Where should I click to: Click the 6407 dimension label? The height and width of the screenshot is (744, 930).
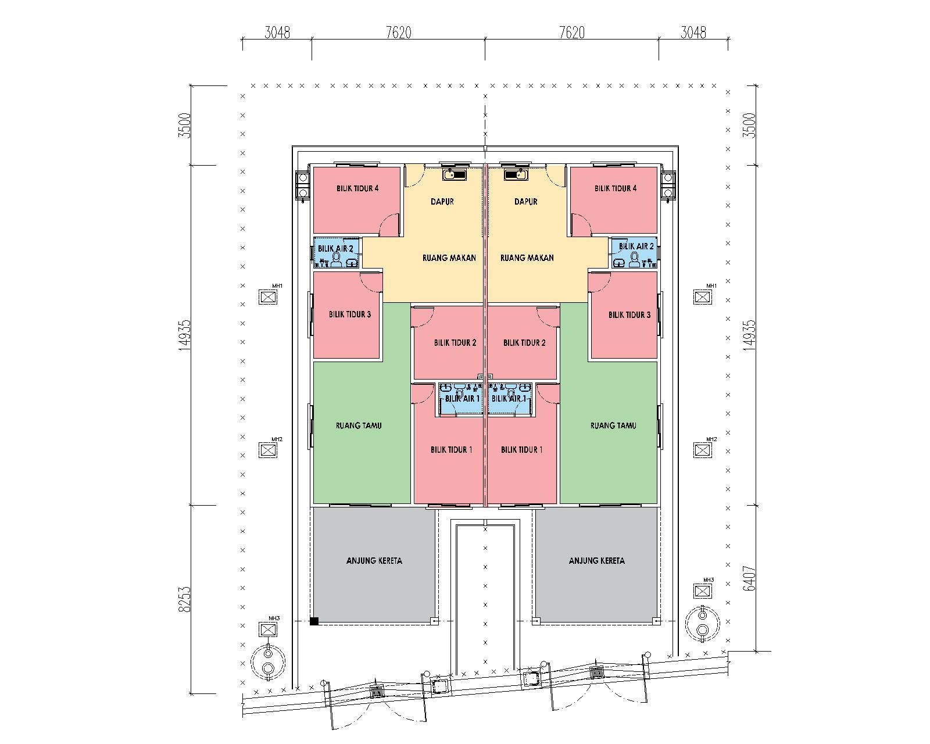[x=750, y=578]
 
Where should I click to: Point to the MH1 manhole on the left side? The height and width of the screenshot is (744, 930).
[x=268, y=297]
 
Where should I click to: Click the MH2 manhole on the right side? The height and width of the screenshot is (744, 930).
[x=702, y=450]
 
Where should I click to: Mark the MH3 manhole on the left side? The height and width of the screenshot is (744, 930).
[x=268, y=629]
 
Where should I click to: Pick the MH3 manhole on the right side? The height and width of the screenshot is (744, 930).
[x=702, y=591]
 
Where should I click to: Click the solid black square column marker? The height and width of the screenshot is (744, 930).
[x=314, y=621]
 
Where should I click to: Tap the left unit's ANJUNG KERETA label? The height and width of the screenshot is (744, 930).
[x=374, y=561]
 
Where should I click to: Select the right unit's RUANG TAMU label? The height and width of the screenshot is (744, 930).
[x=613, y=425]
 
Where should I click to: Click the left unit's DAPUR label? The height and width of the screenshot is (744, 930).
[x=442, y=202]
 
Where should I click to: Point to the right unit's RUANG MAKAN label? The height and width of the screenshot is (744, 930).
[x=527, y=257]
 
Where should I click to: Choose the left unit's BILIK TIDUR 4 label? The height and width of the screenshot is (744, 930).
[x=357, y=188]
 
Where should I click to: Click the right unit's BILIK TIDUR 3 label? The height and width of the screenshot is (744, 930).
[x=629, y=314]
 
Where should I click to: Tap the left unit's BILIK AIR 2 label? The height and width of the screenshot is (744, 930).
[x=335, y=249]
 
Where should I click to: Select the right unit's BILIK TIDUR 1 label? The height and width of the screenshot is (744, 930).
[x=521, y=450]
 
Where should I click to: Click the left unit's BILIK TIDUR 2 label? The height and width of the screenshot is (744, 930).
[x=455, y=343]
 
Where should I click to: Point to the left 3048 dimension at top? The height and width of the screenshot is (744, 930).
[x=277, y=33]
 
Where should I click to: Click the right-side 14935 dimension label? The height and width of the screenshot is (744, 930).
[x=750, y=335]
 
